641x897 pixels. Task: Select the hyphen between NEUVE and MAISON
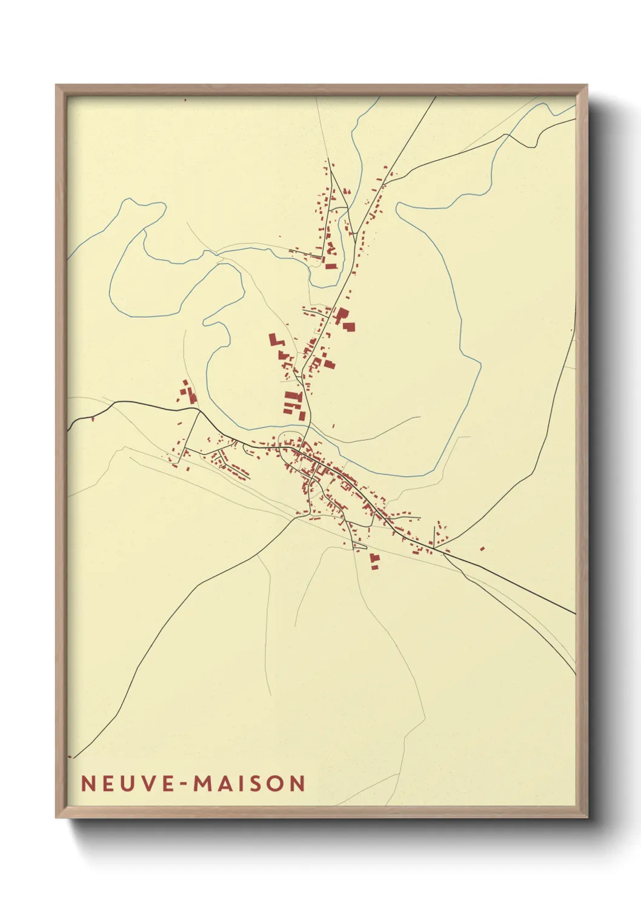181,784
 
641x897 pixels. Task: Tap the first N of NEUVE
88,784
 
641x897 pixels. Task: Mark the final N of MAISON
297,784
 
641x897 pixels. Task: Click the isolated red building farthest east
482,549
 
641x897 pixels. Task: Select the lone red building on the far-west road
93,418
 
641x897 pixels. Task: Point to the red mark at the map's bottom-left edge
70,756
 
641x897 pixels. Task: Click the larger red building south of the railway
374,557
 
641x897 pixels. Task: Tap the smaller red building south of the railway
375,567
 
